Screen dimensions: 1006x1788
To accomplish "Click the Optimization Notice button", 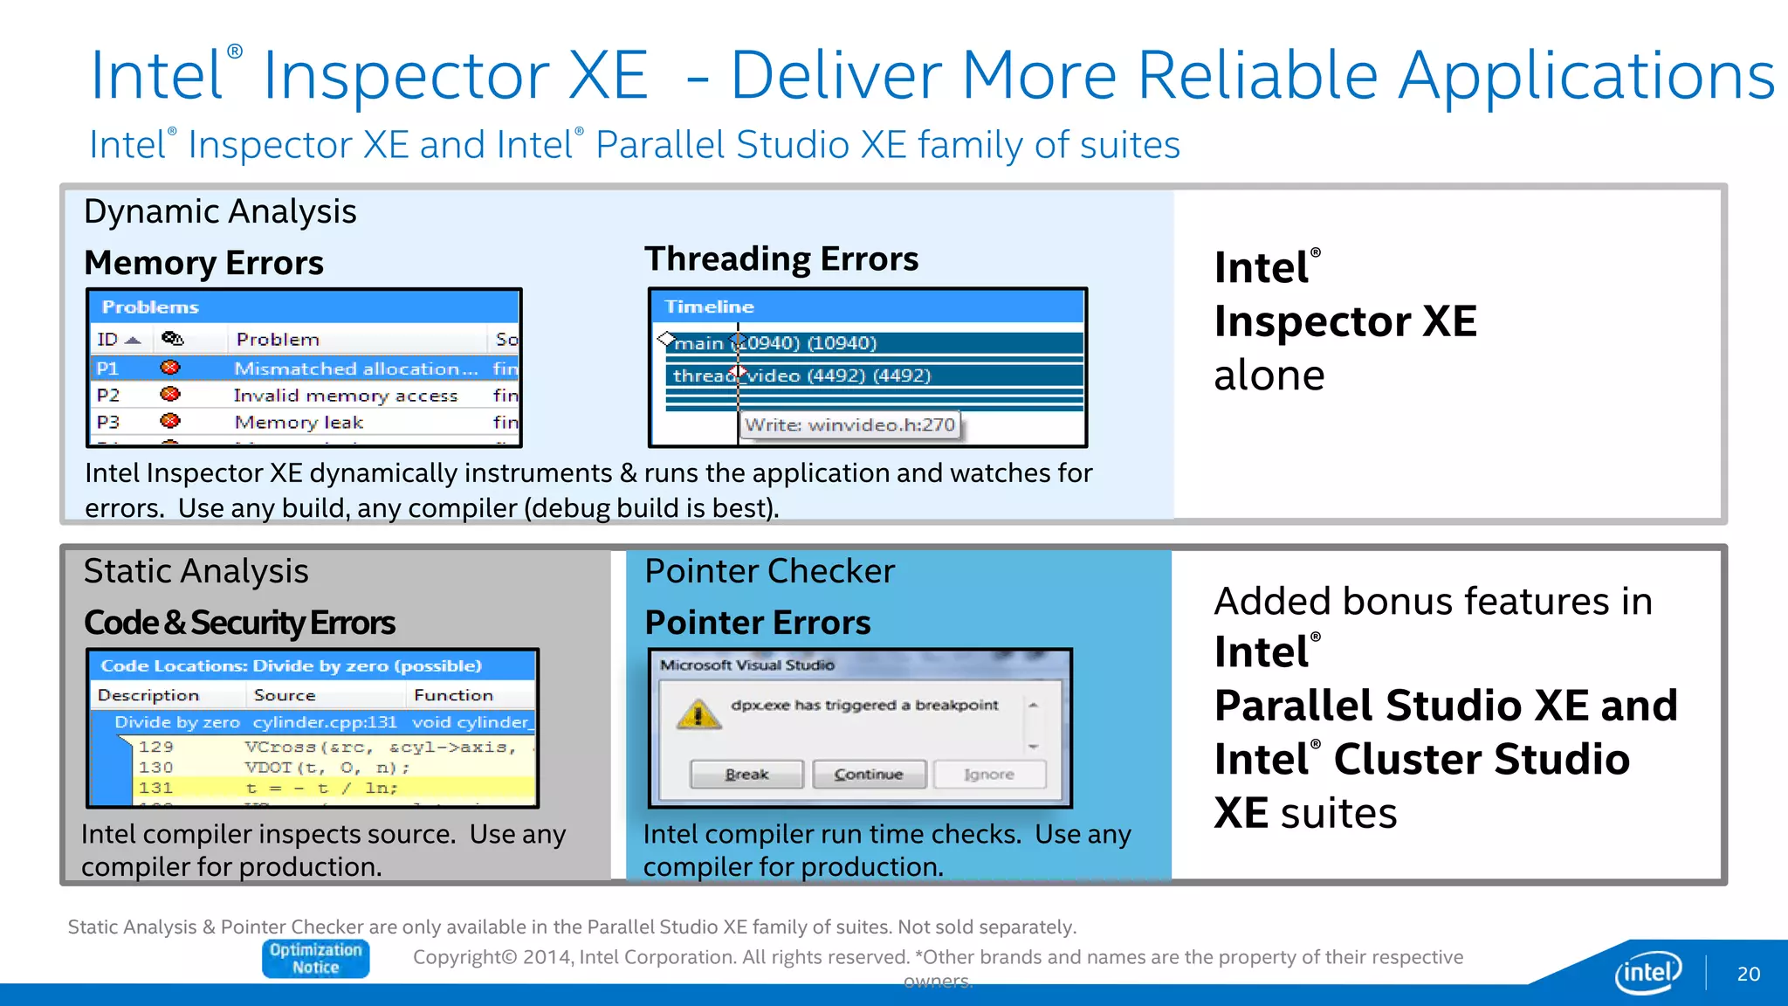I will [315, 958].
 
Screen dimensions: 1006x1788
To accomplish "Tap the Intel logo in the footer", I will [1647, 972].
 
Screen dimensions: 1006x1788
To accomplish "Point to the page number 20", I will [1748, 974].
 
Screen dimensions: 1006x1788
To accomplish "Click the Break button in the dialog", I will [746, 775].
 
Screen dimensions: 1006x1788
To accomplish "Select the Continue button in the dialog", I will [869, 775].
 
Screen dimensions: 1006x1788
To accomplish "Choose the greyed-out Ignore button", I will [989, 775].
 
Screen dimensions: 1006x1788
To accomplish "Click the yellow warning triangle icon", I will [698, 714].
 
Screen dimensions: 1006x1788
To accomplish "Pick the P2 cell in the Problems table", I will [108, 396].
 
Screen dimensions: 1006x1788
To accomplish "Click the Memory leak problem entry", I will [299, 423].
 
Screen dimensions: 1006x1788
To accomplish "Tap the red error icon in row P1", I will [170, 369].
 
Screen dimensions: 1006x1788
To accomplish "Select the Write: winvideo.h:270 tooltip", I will [849, 425].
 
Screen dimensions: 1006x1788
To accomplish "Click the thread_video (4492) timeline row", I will [873, 376].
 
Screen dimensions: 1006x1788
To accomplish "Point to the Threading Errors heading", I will [781, 259].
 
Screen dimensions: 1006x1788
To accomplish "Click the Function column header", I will [453, 695].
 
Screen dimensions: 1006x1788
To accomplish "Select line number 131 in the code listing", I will [155, 788].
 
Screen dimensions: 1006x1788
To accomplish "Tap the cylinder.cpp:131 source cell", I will [324, 722].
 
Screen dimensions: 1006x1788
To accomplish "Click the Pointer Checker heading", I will [769, 571].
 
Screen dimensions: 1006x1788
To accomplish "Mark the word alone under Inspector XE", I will [1269, 376].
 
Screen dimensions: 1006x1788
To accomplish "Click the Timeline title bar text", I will [709, 307].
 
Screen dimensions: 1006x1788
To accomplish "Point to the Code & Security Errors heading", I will [239, 623].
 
